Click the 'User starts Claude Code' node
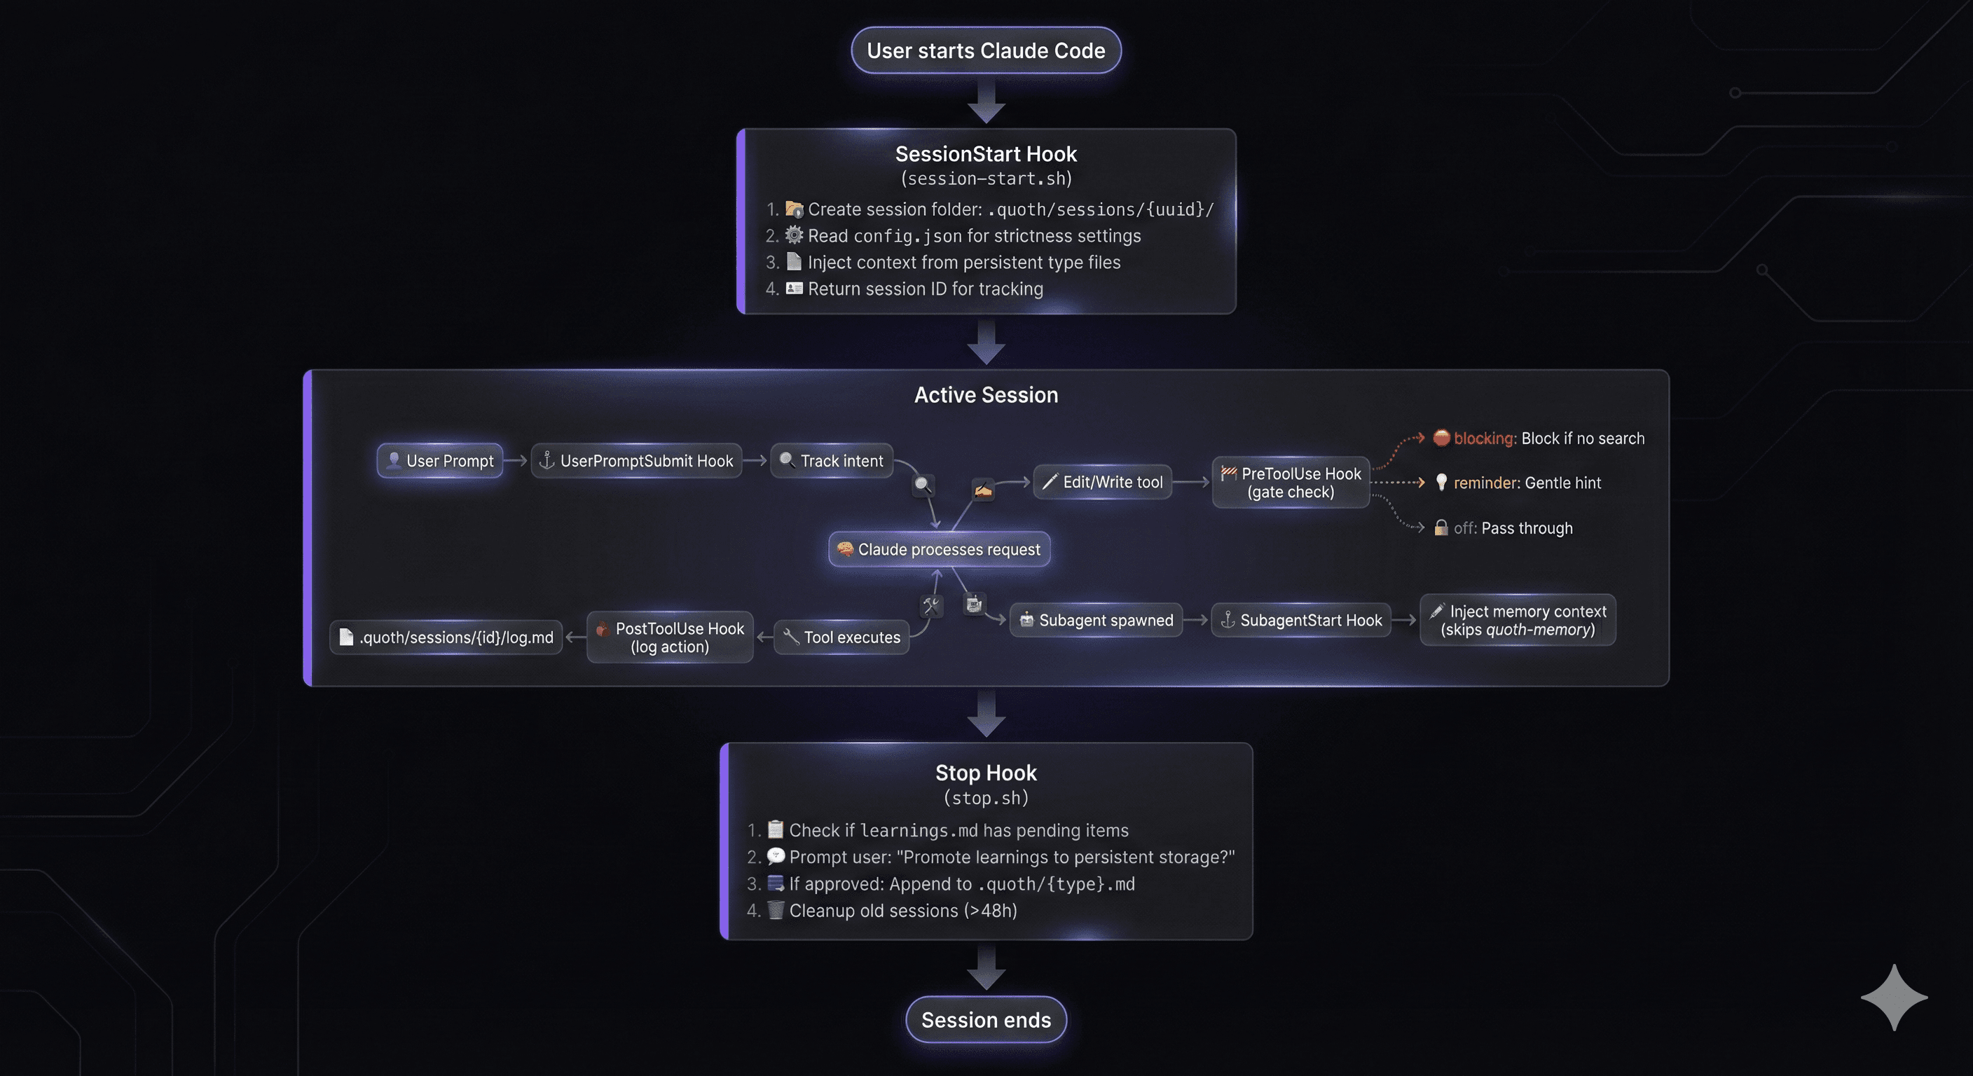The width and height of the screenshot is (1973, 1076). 986,50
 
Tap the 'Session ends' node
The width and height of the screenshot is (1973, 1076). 986,1019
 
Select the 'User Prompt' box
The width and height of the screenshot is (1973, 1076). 439,461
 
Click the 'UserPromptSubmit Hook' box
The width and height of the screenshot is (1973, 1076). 636,461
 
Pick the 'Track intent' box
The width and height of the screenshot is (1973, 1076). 832,461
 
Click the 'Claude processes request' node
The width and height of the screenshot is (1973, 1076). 939,549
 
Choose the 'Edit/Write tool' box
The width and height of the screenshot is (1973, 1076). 1102,483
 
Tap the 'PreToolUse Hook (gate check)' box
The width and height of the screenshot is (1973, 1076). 1291,483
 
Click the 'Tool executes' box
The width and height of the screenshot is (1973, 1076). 841,637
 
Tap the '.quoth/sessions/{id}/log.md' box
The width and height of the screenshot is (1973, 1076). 446,637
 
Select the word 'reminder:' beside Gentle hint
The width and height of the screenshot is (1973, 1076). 1486,483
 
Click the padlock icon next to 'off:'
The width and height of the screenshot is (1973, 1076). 1441,527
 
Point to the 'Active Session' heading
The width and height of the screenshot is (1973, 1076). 986,395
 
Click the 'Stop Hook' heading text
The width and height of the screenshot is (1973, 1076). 986,773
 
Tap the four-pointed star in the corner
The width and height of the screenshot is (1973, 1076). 1894,997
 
